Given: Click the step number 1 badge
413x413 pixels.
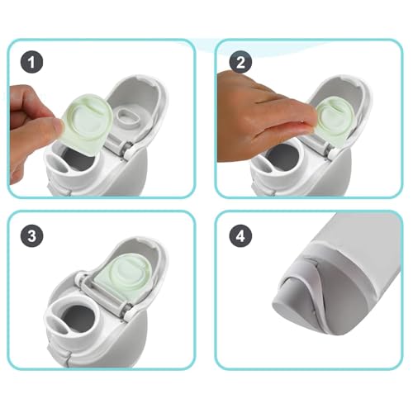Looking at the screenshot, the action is click(x=32, y=62).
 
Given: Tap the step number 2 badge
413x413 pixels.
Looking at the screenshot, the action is click(x=240, y=62).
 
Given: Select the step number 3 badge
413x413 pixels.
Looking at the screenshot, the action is click(x=32, y=235).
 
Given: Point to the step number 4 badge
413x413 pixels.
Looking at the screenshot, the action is click(x=240, y=235).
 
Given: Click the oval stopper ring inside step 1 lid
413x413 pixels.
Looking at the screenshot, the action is click(x=128, y=117).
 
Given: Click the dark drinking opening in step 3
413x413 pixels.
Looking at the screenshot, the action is click(x=80, y=316).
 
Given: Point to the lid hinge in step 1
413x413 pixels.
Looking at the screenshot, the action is click(x=119, y=145).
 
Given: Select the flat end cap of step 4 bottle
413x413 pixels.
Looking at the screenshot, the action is click(x=287, y=311).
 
